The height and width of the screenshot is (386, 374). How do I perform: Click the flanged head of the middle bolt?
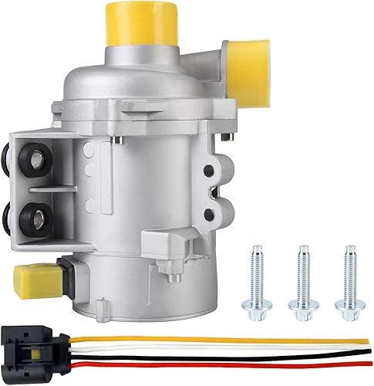click(x=302, y=299)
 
